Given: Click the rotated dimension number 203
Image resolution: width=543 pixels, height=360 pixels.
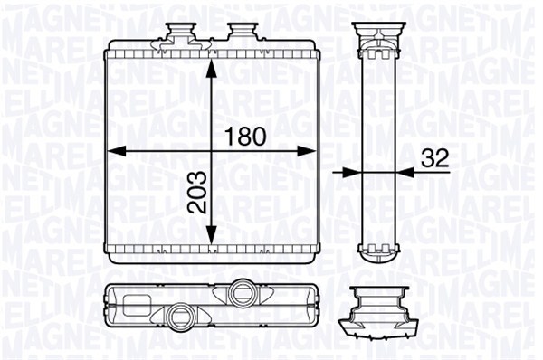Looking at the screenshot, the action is (196, 192).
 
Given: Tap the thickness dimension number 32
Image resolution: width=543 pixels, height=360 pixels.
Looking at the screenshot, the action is (435, 158).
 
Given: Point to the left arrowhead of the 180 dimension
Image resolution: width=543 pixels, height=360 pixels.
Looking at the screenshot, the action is (115, 151).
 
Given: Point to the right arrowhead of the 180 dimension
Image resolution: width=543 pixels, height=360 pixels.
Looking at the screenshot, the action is (307, 151).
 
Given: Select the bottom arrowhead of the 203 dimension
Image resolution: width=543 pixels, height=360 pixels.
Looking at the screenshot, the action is (212, 234).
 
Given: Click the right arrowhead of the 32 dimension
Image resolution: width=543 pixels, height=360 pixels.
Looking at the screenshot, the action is (405, 172).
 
